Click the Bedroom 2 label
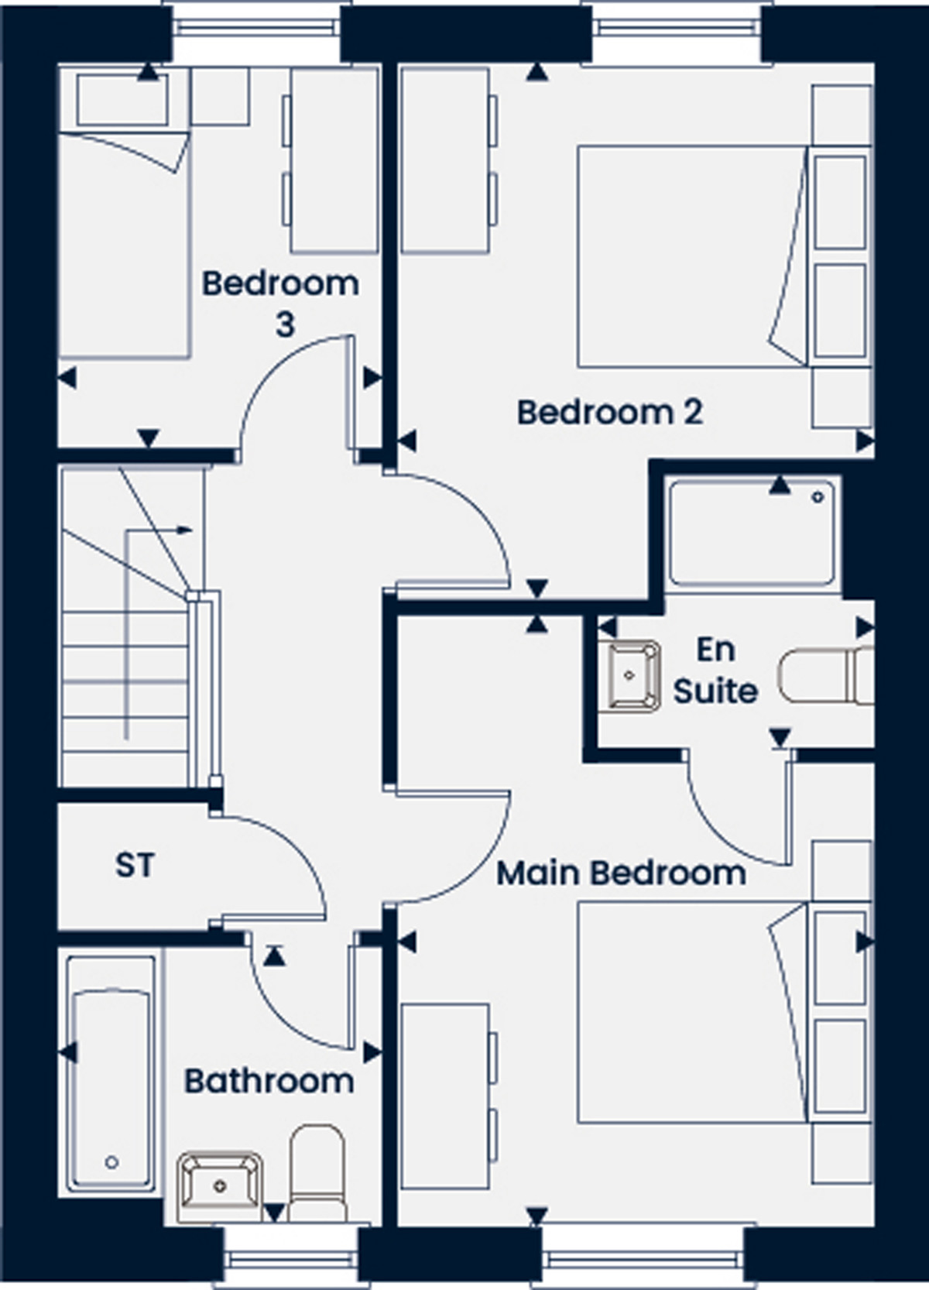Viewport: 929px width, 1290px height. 610,413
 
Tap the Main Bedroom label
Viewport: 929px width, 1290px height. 622,873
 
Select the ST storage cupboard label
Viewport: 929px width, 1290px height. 135,865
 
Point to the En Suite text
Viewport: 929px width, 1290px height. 715,671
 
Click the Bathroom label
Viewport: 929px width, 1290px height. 269,1081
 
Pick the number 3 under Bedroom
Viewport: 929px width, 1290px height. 285,324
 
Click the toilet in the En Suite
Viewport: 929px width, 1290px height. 827,676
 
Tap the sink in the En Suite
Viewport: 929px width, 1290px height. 629,676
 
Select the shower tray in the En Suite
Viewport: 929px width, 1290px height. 752,533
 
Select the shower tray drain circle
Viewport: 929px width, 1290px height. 818,497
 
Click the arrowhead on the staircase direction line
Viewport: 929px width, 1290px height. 185,530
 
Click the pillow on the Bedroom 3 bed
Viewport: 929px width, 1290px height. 122,101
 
